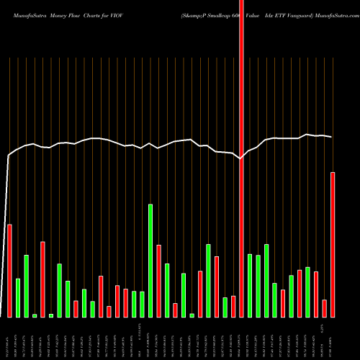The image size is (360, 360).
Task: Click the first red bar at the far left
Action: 10,271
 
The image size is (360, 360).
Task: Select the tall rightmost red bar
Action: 333,245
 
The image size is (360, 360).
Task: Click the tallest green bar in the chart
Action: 150,261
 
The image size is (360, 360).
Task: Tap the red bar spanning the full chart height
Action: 242,158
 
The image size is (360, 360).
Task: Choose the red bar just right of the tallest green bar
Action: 158,281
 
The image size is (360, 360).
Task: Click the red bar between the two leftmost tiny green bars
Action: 42,279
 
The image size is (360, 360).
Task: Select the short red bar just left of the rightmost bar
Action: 325,308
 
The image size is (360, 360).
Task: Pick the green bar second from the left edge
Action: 18,297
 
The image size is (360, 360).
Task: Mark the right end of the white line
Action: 331,137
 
